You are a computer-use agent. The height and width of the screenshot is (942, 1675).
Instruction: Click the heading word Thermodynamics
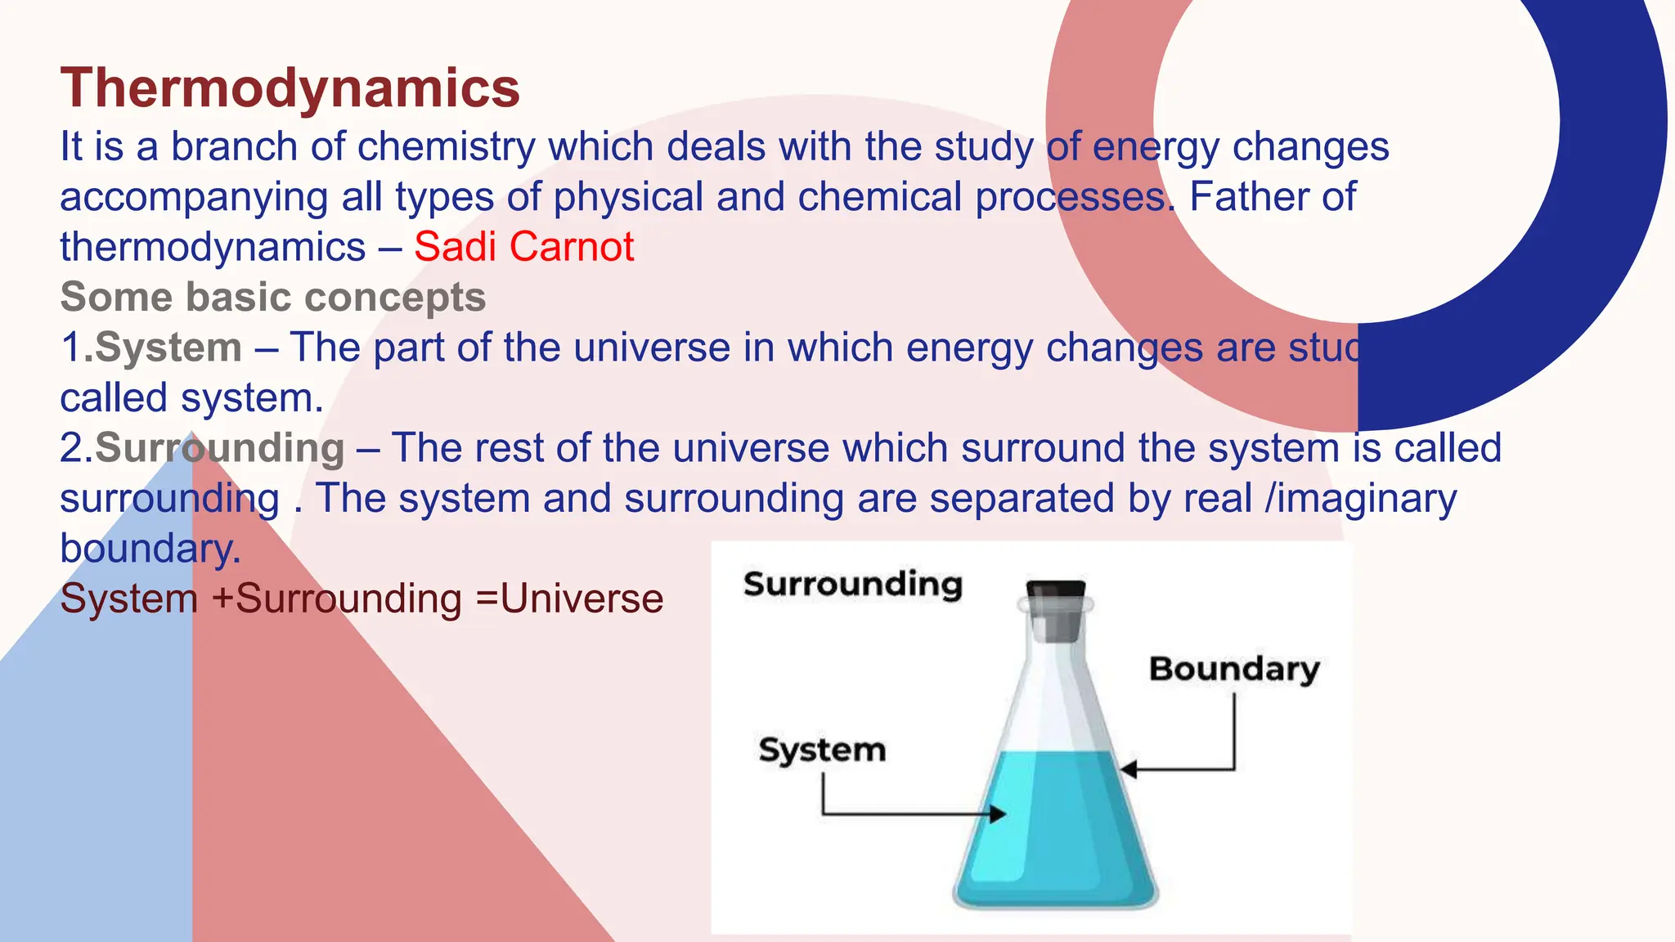pyautogui.click(x=290, y=88)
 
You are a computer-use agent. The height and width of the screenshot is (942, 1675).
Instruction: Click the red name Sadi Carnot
pyautogui.click(x=523, y=247)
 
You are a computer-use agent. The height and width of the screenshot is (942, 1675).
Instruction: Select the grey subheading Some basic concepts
pyautogui.click(x=272, y=297)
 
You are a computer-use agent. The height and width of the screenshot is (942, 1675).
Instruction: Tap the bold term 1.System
pyautogui.click(x=151, y=348)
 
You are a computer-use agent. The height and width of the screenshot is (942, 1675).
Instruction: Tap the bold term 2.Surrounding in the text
pyautogui.click(x=202, y=448)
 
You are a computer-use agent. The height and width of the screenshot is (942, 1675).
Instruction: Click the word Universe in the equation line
pyautogui.click(x=582, y=599)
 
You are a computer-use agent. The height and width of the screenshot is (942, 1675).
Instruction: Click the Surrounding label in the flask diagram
pyautogui.click(x=853, y=585)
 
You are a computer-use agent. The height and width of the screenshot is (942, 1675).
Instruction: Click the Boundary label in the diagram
pyautogui.click(x=1233, y=669)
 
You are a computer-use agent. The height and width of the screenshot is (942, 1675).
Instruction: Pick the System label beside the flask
pyautogui.click(x=821, y=750)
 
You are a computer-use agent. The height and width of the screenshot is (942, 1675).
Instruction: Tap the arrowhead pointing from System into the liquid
pyautogui.click(x=998, y=814)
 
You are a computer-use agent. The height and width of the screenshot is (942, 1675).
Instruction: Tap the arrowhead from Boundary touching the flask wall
pyautogui.click(x=1128, y=769)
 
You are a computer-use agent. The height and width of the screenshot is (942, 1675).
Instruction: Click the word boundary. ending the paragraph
pyautogui.click(x=150, y=549)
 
